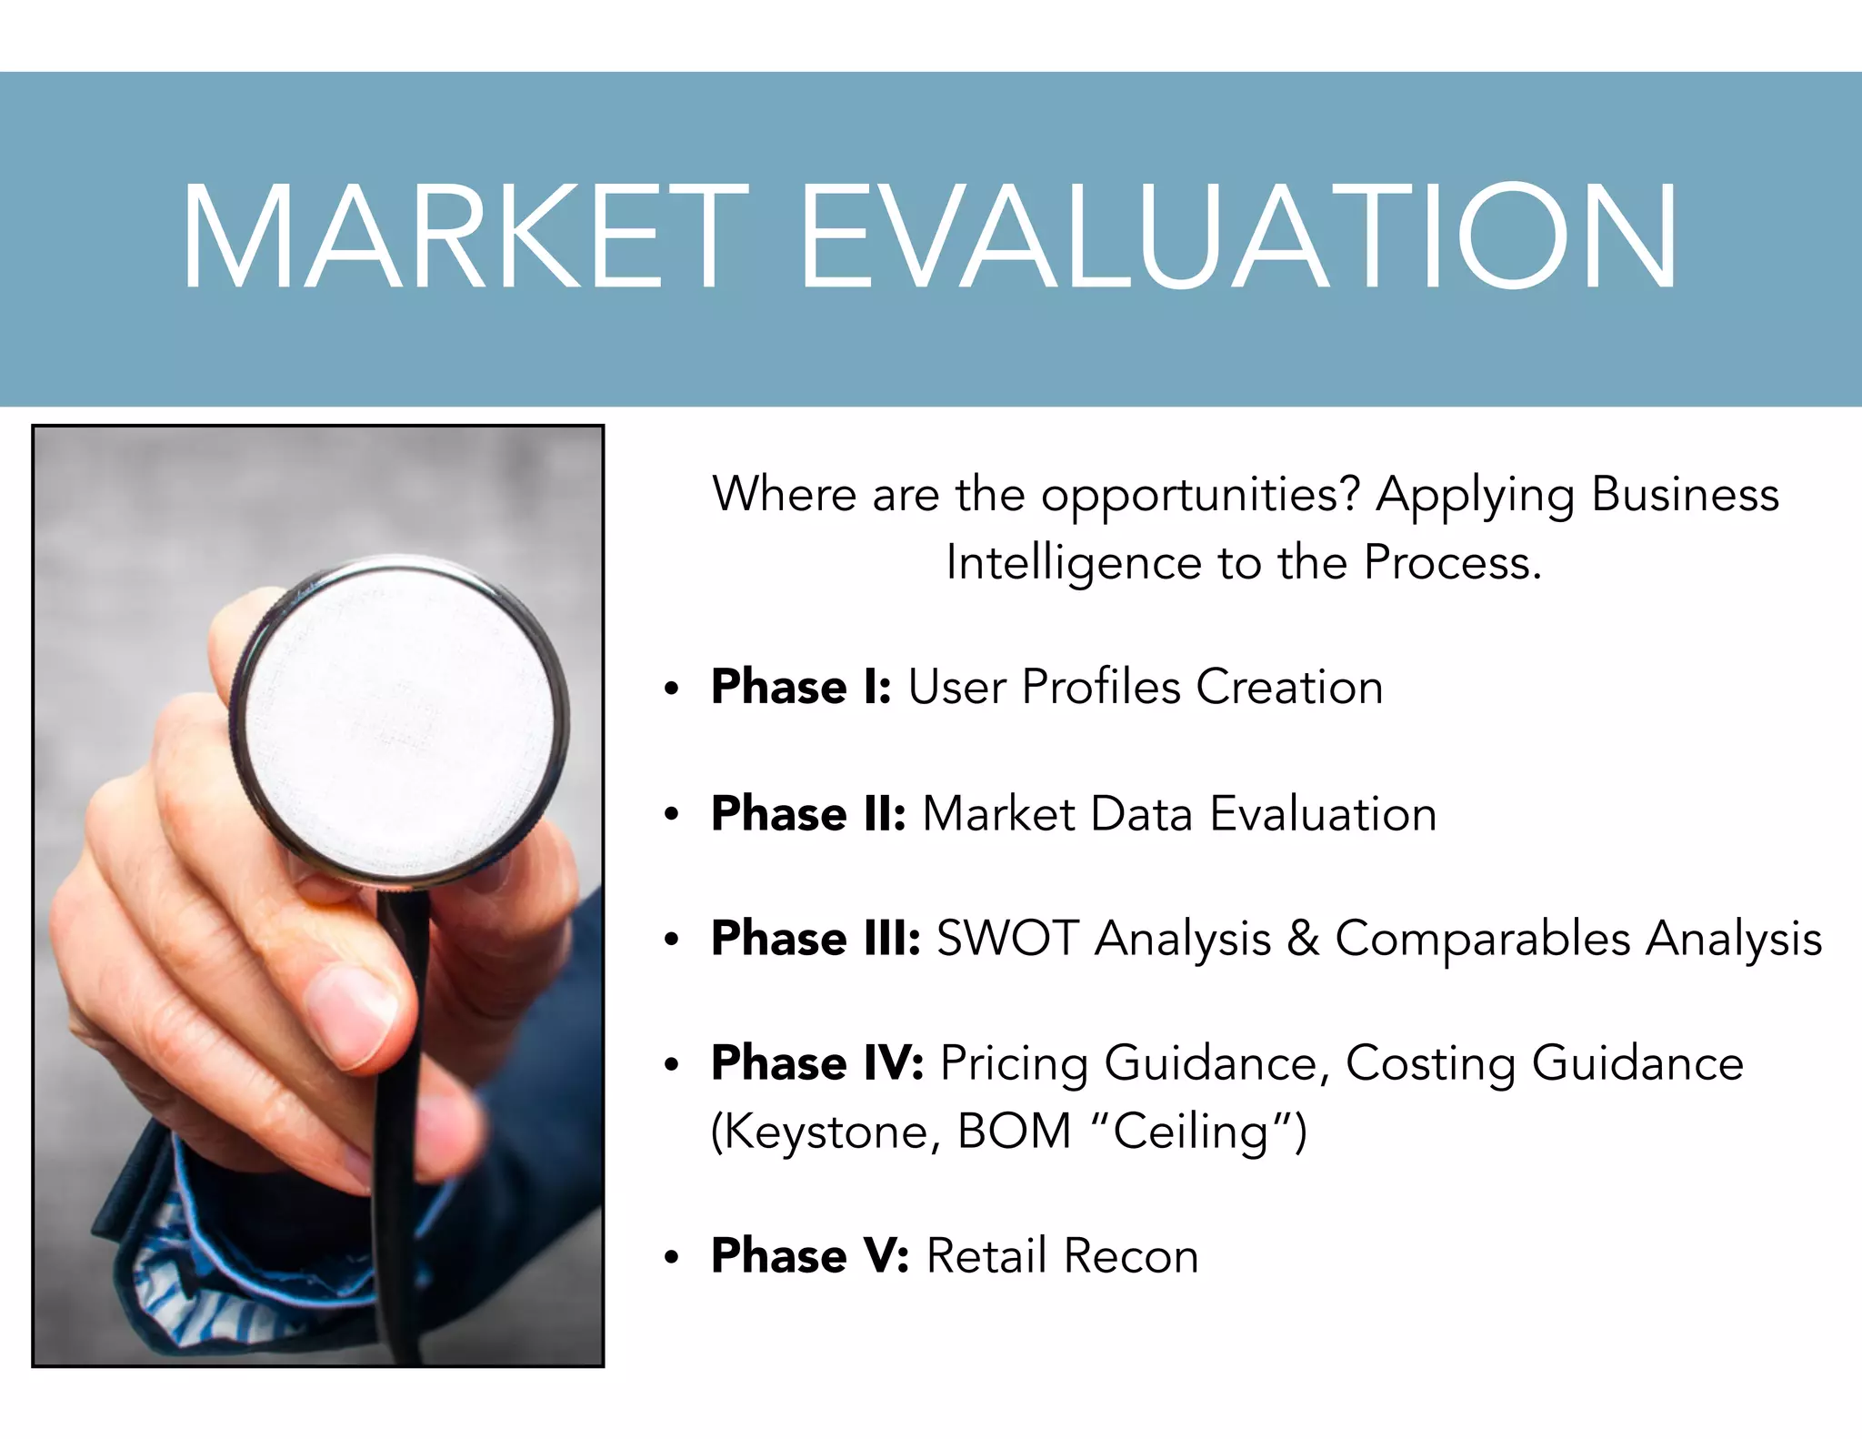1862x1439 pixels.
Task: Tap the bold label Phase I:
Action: click(x=801, y=687)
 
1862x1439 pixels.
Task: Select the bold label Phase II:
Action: click(x=808, y=813)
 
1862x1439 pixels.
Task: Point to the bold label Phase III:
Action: click(x=816, y=939)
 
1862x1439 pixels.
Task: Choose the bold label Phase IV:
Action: click(x=817, y=1062)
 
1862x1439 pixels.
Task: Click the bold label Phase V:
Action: click(x=810, y=1256)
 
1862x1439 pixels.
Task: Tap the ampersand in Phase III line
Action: click(x=1302, y=939)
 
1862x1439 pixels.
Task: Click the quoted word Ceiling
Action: click(x=1190, y=1132)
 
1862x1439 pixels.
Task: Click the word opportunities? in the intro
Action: click(x=1200, y=497)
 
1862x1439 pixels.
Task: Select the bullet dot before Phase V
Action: click(x=672, y=1259)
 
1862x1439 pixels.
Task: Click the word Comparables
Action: click(x=1482, y=939)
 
